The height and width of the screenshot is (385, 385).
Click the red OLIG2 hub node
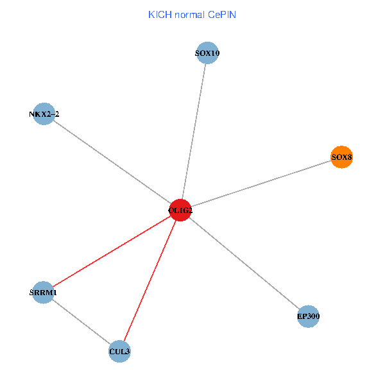pyautogui.click(x=181, y=210)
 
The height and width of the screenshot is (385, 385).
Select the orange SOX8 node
pyautogui.click(x=341, y=157)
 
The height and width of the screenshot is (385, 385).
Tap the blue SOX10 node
pyautogui.click(x=207, y=53)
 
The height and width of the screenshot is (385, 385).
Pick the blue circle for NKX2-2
pyautogui.click(x=44, y=114)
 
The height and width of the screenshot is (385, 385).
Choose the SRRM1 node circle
pyautogui.click(x=43, y=293)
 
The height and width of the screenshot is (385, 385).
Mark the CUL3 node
pyautogui.click(x=120, y=352)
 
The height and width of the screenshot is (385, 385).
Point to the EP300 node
pyautogui.click(x=309, y=316)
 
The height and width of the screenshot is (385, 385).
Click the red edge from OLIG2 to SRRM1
pyautogui.click(x=112, y=251)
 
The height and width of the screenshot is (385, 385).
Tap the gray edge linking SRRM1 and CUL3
pyautogui.click(x=81, y=322)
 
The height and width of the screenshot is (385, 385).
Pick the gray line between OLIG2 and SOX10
pyautogui.click(x=194, y=132)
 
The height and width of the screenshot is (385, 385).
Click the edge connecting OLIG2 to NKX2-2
pyautogui.click(x=112, y=162)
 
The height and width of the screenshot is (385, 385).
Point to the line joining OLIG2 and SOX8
pyautogui.click(x=261, y=184)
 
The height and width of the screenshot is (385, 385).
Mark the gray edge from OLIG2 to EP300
pyautogui.click(x=244, y=263)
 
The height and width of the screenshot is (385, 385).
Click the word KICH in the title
pyautogui.click(x=158, y=14)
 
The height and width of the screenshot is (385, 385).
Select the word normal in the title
pyautogui.click(x=187, y=14)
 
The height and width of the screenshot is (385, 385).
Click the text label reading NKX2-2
pyautogui.click(x=44, y=114)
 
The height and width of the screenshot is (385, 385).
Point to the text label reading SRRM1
pyautogui.click(x=43, y=293)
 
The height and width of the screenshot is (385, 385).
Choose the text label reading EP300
pyautogui.click(x=309, y=316)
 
